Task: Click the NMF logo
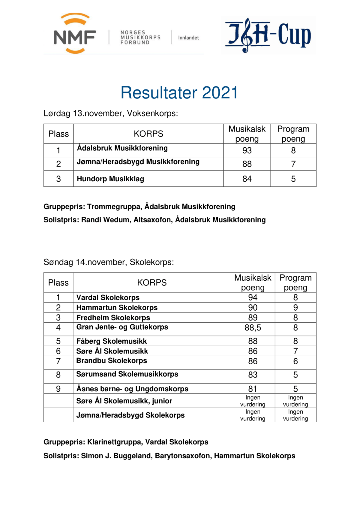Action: click(x=75, y=34)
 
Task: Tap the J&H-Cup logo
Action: click(x=268, y=35)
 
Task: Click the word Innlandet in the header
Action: click(x=188, y=38)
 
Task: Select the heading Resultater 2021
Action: click(x=179, y=92)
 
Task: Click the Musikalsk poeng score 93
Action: click(x=247, y=150)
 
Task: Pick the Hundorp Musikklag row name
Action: click(x=110, y=179)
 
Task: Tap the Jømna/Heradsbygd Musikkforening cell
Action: click(x=138, y=162)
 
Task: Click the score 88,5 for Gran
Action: click(x=253, y=328)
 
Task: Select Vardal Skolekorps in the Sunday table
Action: click(x=108, y=297)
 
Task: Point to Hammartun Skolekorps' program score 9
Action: click(x=295, y=308)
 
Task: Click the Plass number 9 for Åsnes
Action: click(x=58, y=389)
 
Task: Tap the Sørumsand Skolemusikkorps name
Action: click(x=127, y=374)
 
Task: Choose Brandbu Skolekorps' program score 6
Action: click(x=295, y=361)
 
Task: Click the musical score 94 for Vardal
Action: click(x=253, y=297)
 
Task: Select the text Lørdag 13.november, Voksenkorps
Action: click(x=111, y=113)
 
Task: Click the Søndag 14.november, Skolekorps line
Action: click(x=109, y=262)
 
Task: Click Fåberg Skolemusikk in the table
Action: click(x=111, y=341)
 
